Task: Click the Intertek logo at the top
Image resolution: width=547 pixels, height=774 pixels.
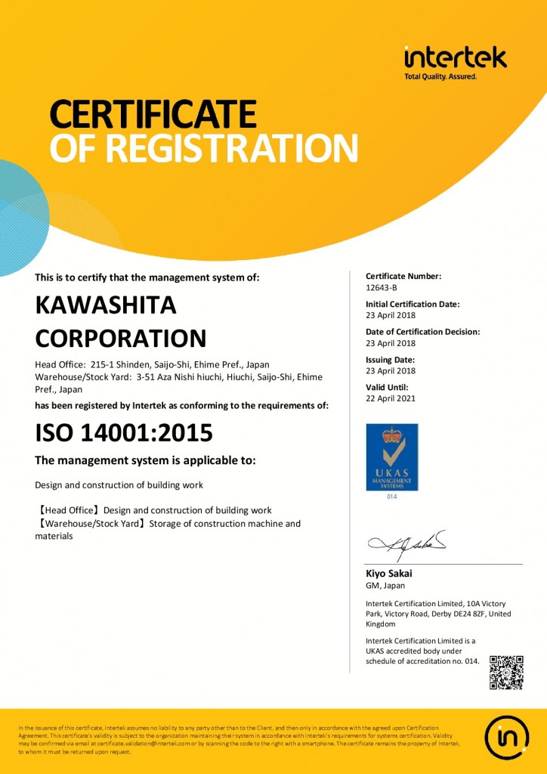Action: tap(455, 59)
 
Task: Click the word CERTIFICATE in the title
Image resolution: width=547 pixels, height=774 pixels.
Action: tap(153, 115)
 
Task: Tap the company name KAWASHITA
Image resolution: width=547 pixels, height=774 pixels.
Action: tap(106, 305)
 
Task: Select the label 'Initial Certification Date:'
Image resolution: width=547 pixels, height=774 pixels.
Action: tap(413, 304)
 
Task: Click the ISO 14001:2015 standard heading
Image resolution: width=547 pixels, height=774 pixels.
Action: tap(124, 432)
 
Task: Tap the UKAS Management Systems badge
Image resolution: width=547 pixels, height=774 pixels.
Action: tap(391, 457)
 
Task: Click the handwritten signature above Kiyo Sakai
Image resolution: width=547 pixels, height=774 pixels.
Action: tap(407, 541)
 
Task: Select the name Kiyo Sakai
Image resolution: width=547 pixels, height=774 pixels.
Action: tap(388, 573)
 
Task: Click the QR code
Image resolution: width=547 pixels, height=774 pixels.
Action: tap(506, 672)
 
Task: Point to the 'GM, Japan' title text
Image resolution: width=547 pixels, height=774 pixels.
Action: tap(385, 585)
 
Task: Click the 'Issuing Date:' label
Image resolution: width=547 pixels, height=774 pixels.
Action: tap(389, 360)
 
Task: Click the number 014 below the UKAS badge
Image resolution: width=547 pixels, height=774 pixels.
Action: tap(391, 497)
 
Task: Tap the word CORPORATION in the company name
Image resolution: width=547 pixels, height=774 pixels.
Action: tap(121, 337)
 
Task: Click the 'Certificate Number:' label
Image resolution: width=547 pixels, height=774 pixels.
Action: tap(403, 276)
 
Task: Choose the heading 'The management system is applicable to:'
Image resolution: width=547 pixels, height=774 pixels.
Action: tap(146, 460)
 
